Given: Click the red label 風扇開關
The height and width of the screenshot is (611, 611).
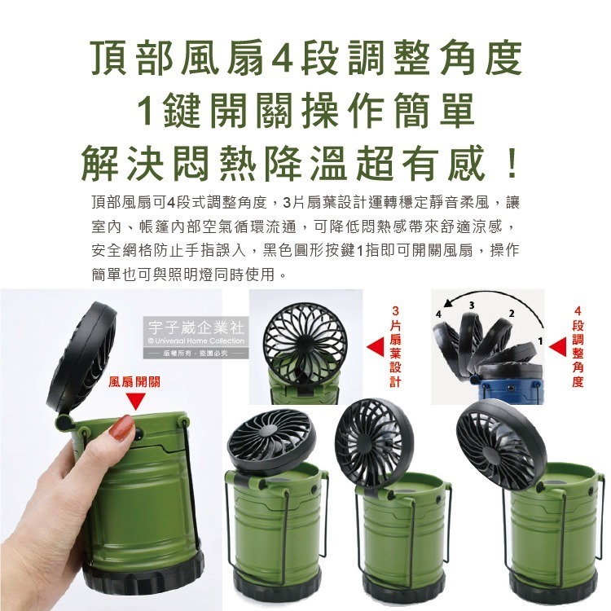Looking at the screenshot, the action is point(134,382).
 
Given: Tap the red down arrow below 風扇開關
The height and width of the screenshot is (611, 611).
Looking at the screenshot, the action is point(134,402).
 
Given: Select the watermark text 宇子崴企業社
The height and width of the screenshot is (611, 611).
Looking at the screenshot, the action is point(196,327).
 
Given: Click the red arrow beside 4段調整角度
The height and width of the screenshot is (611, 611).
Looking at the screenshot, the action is point(557,346).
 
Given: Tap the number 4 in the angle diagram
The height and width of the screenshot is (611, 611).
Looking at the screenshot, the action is point(439,314).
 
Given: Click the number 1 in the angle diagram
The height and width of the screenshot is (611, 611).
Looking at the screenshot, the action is point(540,341).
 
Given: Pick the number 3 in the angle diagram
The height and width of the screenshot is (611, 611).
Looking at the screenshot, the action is point(472,305).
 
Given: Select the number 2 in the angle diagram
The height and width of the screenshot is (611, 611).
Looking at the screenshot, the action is point(512,314).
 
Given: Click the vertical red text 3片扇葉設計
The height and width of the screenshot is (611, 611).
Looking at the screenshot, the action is point(395,346).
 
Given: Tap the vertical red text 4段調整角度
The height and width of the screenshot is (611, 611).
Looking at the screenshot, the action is point(578,346).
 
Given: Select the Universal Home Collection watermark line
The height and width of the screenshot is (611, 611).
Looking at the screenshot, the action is point(196,341).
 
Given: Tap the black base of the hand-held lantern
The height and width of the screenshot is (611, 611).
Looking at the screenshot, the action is point(144,575).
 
